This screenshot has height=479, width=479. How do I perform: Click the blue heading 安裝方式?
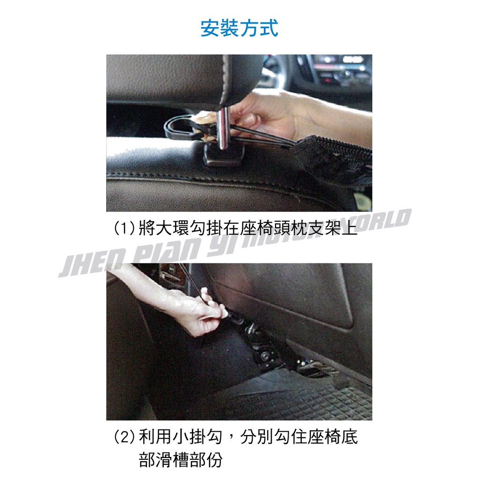pos(239,28)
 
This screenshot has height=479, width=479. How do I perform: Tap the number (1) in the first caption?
pos(123,228)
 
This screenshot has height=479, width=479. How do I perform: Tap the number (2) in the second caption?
pos(123,437)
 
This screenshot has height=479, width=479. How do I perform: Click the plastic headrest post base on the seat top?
pos(224,154)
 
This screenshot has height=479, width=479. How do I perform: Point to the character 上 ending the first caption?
pos(350,228)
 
